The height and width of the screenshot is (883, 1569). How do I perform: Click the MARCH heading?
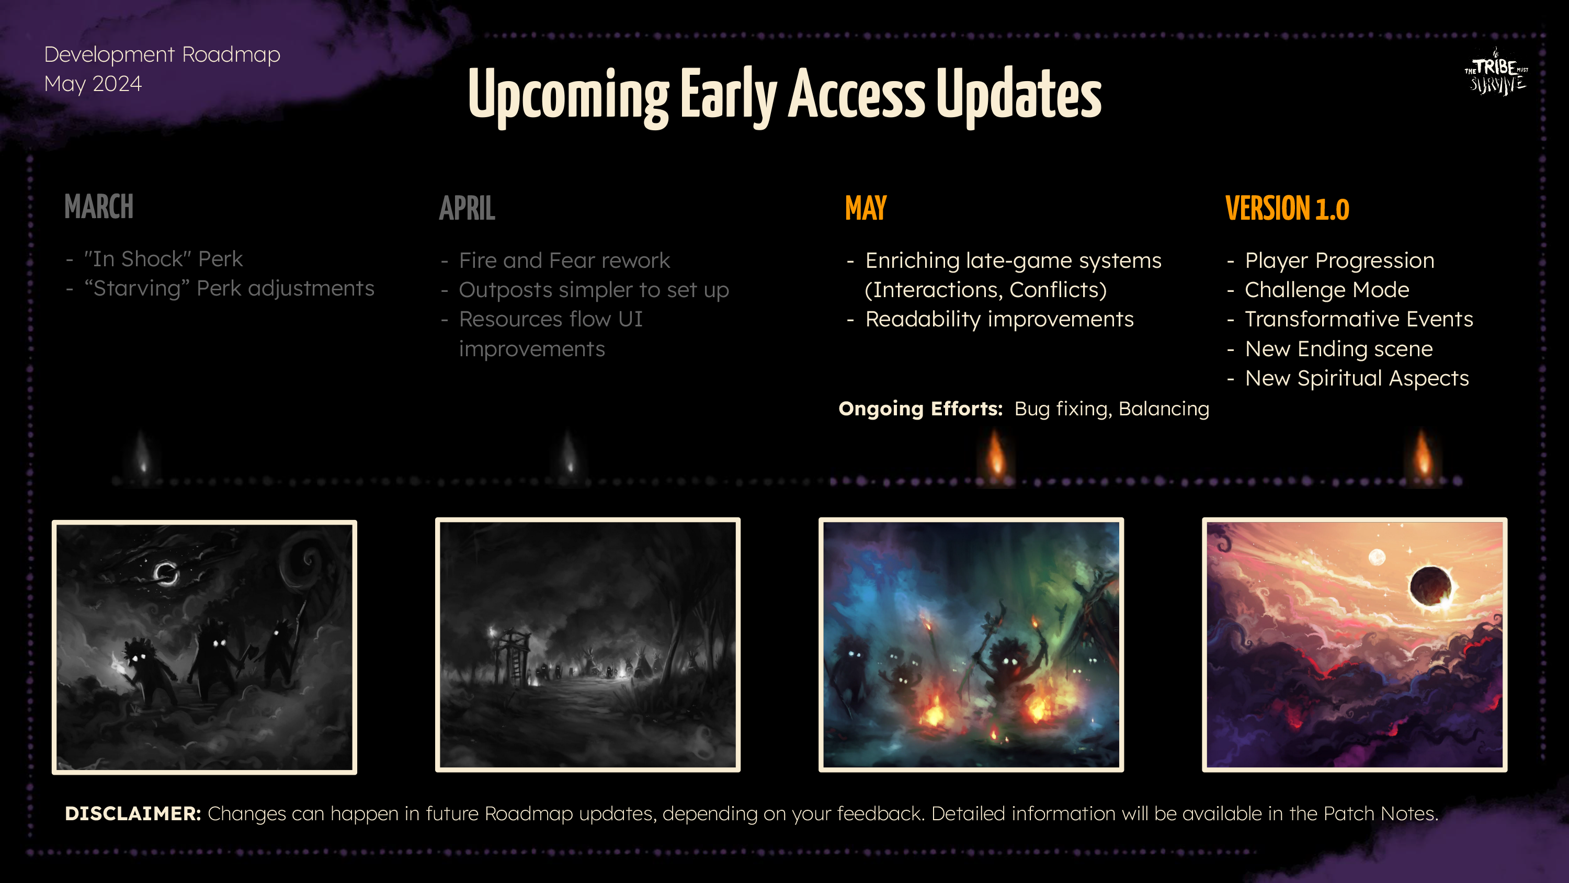[x=99, y=207]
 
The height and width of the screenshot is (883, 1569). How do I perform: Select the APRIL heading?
[x=467, y=208]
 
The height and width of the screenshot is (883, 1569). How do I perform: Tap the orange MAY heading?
[x=866, y=208]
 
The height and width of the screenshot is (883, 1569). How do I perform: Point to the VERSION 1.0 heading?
[x=1287, y=208]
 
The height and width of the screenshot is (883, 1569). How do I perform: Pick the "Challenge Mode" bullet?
[x=1326, y=290]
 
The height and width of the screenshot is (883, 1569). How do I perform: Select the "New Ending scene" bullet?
[x=1339, y=349]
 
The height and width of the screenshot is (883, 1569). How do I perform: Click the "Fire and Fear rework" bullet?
[x=564, y=261]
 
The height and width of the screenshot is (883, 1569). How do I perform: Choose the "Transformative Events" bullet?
[x=1359, y=319]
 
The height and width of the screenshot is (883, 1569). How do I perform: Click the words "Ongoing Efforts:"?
[x=920, y=409]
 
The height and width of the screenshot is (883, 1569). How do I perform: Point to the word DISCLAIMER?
[x=133, y=813]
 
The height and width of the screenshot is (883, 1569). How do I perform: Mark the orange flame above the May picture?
[x=996, y=454]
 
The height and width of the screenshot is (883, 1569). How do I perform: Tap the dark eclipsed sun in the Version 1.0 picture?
[x=1430, y=587]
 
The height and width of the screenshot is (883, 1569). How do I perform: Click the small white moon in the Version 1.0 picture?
[x=1377, y=557]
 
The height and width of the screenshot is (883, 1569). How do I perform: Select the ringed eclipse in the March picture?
[x=166, y=573]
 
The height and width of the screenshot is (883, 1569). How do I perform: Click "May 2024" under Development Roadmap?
[x=93, y=84]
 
